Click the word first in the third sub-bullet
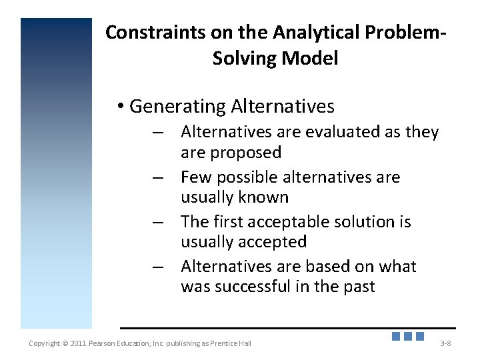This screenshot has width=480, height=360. point(228,222)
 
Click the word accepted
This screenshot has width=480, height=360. point(275,242)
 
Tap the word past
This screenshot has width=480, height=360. point(359,287)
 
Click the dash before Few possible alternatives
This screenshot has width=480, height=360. point(157,178)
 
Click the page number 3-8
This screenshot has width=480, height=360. point(445,343)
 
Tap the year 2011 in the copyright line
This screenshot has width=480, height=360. point(77,343)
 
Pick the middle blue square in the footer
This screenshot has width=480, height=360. point(408,337)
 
